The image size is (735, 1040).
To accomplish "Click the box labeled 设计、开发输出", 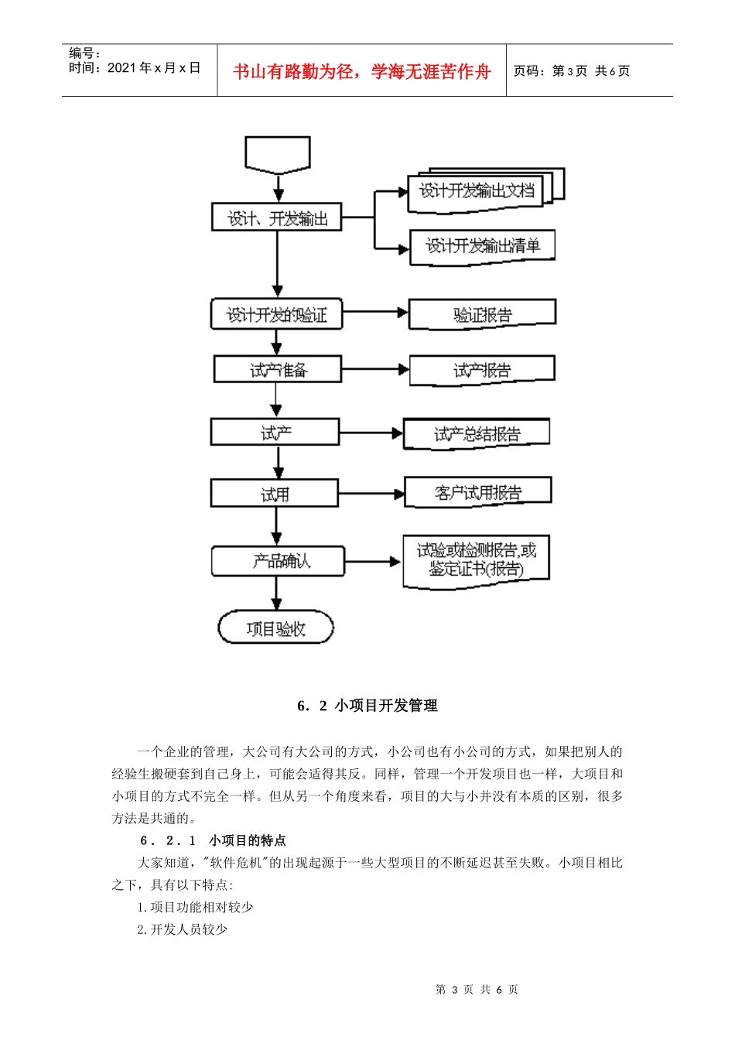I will (276, 217).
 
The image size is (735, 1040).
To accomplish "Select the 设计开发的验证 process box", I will (276, 315).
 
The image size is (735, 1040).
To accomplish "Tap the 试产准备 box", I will (277, 370).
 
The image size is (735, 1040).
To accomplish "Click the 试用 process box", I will (274, 494).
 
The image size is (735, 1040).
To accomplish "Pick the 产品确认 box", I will (278, 561).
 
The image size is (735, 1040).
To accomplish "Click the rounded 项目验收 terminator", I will (275, 628).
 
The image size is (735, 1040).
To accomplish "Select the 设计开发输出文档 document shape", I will (477, 190).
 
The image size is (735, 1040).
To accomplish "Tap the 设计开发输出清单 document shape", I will (482, 246).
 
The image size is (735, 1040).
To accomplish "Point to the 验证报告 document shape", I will (482, 314).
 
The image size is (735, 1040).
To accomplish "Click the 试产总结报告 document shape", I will (477, 433).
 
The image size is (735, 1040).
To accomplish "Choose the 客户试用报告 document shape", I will (477, 492).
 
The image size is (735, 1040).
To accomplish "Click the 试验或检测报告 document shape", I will (476, 559).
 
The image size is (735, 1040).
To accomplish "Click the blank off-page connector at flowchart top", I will (277, 153).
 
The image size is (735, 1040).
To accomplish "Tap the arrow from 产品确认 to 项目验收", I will (277, 593).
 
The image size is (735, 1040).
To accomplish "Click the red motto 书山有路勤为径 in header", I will (362, 72).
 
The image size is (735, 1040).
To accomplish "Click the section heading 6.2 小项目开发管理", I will (367, 706).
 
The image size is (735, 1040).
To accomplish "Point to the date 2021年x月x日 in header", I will (153, 68).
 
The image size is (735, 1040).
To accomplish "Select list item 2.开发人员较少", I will (182, 929).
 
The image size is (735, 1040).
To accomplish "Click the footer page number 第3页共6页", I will (477, 990).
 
